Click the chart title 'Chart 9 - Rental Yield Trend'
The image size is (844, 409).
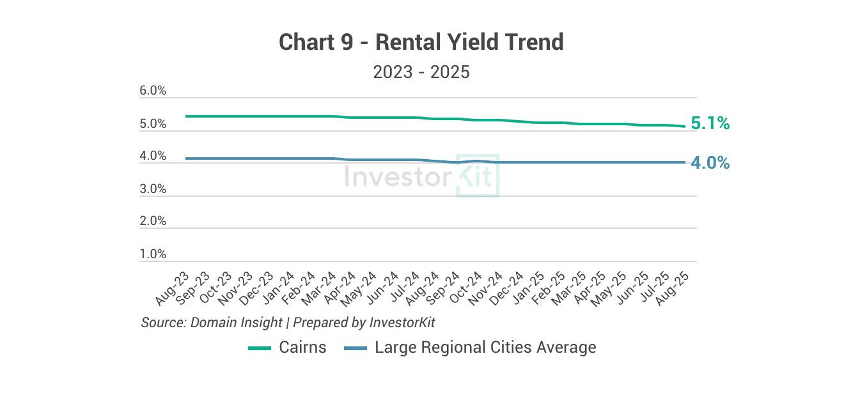point(421,42)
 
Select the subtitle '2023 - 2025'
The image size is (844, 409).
point(421,72)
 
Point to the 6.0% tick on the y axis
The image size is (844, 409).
point(153,91)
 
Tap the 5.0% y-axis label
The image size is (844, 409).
point(153,124)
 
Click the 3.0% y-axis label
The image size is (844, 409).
point(153,189)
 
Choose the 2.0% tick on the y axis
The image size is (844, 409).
point(153,221)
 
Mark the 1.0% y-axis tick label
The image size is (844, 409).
point(153,254)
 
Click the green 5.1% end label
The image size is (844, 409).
point(710,123)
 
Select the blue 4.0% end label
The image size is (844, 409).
point(710,163)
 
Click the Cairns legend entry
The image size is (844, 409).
point(302,348)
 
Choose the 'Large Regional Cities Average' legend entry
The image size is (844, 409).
point(485,348)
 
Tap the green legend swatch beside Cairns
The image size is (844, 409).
point(260,348)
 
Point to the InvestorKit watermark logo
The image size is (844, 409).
point(421,176)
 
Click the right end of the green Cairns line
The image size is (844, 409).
point(685,126)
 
